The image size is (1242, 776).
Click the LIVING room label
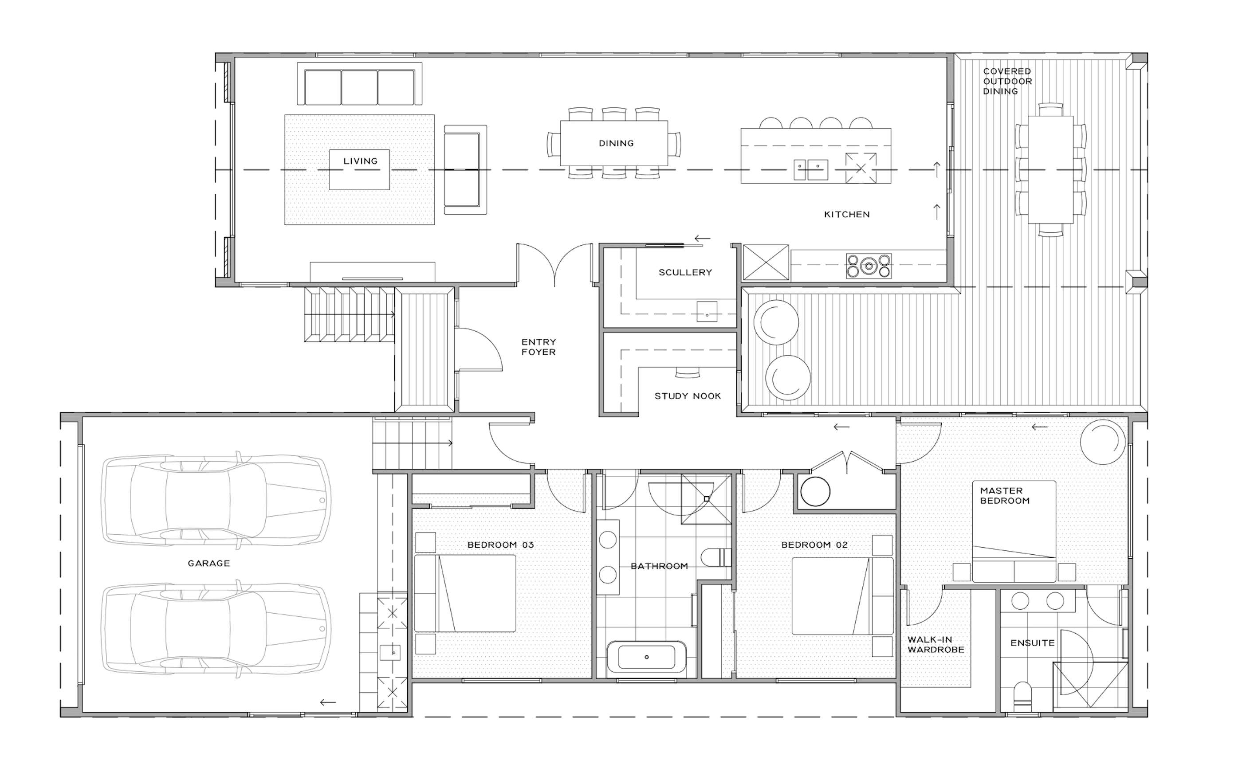(x=360, y=161)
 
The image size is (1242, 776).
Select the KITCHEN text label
(x=847, y=215)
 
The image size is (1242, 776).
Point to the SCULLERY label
(x=685, y=273)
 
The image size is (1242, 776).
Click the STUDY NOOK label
(x=688, y=396)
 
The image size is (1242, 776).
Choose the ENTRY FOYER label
(x=538, y=347)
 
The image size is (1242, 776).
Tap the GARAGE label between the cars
(x=208, y=564)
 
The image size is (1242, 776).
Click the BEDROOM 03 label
(x=500, y=545)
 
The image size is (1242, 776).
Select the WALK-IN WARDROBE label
(x=935, y=645)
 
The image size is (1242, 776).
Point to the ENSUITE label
(x=1032, y=643)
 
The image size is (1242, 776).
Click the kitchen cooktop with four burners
(x=869, y=266)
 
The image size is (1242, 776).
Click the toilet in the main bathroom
(x=716, y=557)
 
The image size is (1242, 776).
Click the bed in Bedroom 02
(x=842, y=596)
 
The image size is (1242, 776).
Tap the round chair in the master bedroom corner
(x=1102, y=442)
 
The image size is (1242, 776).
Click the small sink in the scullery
(x=707, y=312)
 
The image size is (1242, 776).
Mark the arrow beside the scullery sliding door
(x=702, y=238)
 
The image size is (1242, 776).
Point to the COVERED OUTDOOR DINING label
(x=1007, y=82)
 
